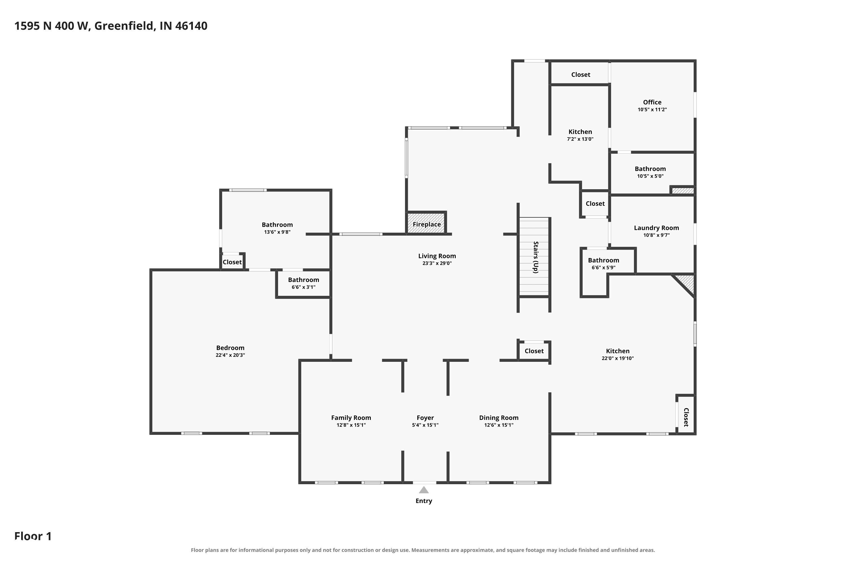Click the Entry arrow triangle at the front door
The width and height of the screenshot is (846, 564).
424,490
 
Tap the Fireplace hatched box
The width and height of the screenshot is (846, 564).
427,223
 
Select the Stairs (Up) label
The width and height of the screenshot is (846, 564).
536,257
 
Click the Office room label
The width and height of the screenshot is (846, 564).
652,102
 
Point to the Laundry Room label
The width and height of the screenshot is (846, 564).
656,228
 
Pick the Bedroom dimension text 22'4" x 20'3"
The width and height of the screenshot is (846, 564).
230,355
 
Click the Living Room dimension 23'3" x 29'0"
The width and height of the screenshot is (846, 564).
437,263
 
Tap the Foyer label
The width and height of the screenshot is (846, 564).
425,418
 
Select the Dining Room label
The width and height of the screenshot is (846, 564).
499,418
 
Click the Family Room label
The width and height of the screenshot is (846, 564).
351,418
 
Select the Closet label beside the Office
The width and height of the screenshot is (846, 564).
581,74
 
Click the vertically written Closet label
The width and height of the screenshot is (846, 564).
686,417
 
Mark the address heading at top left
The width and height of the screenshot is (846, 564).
111,26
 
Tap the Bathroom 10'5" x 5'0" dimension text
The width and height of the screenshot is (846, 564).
650,176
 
